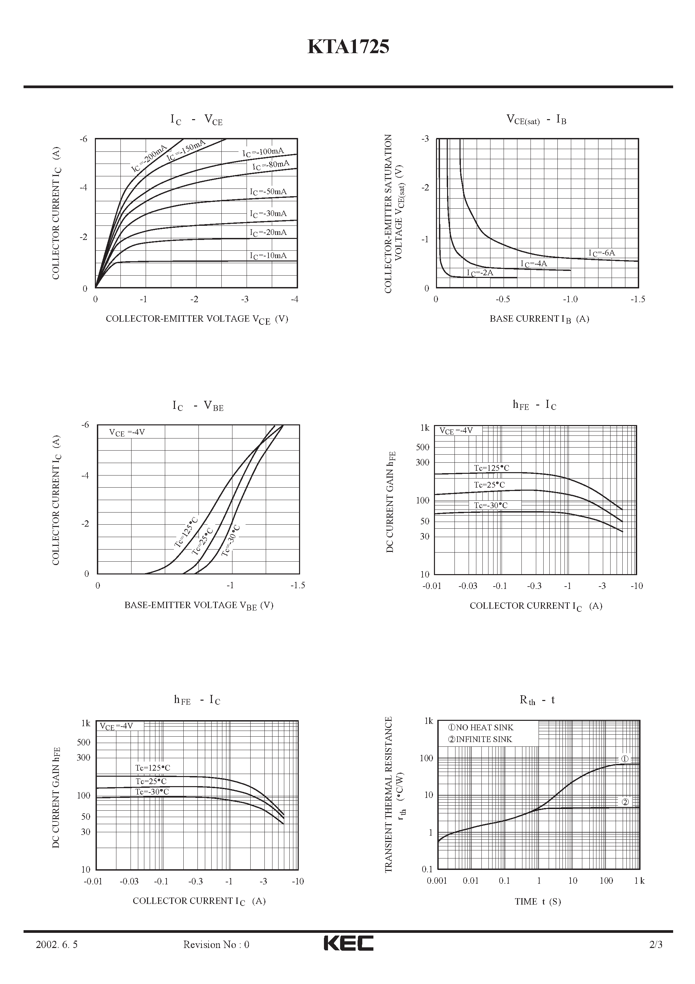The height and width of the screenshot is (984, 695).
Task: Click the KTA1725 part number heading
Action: pyautogui.click(x=348, y=47)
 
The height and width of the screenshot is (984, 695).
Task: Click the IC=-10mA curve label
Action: pyautogui.click(x=268, y=256)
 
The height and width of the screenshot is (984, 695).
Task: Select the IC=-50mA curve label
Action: pyautogui.click(x=268, y=191)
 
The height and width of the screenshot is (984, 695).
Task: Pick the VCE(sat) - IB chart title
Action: pyautogui.click(x=536, y=119)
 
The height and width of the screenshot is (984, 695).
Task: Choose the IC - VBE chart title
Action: pyautogui.click(x=198, y=406)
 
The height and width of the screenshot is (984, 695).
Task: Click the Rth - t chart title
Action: pyautogui.click(x=537, y=700)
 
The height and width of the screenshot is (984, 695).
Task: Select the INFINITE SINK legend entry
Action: pyautogui.click(x=480, y=739)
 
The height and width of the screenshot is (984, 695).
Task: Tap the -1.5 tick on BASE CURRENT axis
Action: pyautogui.click(x=637, y=299)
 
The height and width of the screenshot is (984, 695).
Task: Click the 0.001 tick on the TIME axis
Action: pyautogui.click(x=437, y=881)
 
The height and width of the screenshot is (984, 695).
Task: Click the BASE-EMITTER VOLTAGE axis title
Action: pyautogui.click(x=199, y=605)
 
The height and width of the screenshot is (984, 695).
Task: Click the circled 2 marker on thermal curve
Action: pyautogui.click(x=625, y=802)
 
